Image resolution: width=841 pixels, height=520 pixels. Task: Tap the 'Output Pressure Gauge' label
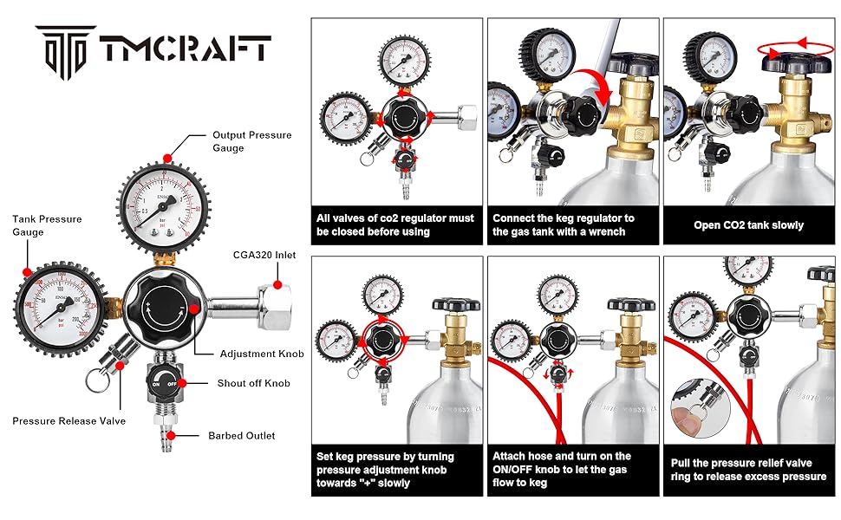[252, 141]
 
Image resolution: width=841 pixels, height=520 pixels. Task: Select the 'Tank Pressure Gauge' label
[47, 225]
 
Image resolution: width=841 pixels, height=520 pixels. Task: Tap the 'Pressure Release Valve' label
[68, 421]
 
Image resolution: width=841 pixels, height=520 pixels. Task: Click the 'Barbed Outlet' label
[241, 436]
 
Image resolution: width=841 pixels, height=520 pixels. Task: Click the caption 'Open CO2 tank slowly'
[748, 225]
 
